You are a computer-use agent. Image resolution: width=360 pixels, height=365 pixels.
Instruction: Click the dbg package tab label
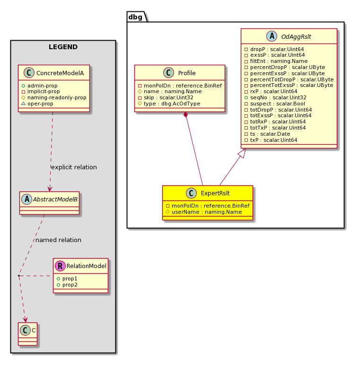click(135, 17)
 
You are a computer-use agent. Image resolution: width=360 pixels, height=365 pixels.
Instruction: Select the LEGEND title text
click(63, 47)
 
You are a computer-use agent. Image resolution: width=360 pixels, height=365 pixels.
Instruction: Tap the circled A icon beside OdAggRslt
click(272, 36)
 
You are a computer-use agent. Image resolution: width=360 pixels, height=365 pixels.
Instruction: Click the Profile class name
click(187, 73)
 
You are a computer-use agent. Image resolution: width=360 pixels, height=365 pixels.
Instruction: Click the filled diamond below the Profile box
click(185, 115)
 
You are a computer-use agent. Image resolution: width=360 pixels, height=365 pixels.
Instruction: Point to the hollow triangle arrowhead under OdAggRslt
click(242, 153)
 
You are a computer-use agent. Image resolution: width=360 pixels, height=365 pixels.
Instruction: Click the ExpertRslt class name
click(215, 193)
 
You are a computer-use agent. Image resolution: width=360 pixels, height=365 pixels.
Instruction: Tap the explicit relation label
click(74, 167)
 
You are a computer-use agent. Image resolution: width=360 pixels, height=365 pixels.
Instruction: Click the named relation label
click(58, 240)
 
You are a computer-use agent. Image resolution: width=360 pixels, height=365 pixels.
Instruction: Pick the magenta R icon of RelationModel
click(60, 266)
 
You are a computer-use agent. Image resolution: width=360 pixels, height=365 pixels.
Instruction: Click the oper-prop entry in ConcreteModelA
click(37, 104)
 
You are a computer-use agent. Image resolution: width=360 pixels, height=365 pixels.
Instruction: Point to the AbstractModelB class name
click(55, 200)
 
